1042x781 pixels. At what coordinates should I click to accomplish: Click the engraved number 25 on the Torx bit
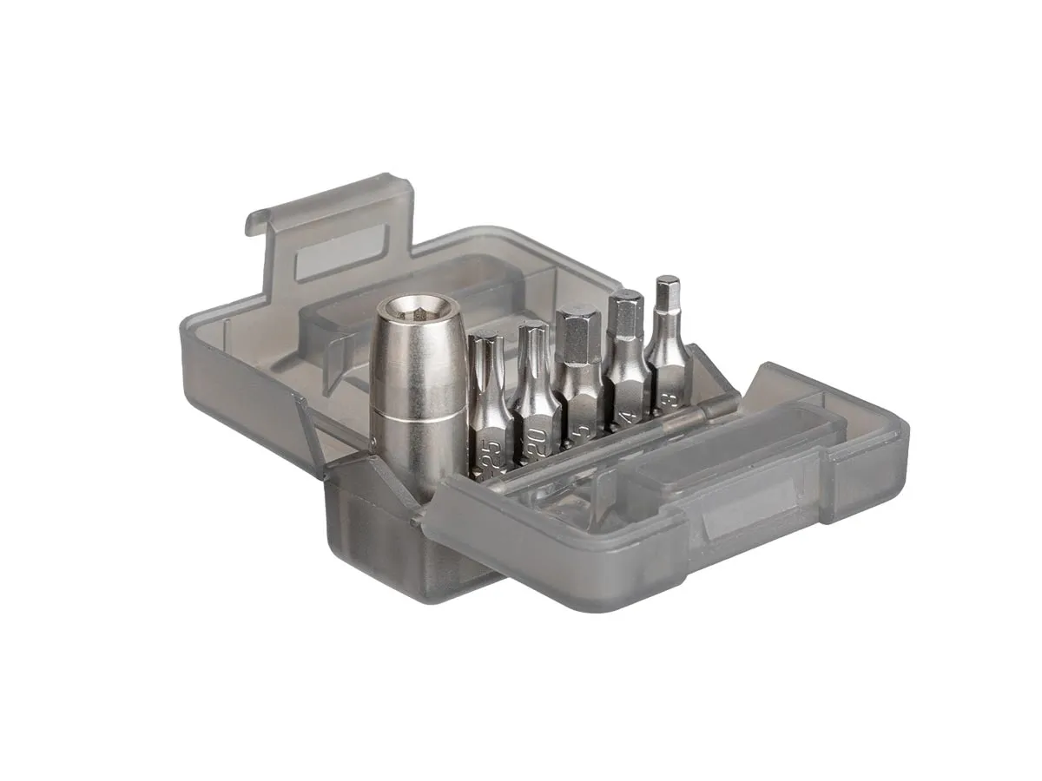(x=491, y=454)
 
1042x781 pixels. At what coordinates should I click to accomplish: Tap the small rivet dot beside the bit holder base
(x=371, y=450)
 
